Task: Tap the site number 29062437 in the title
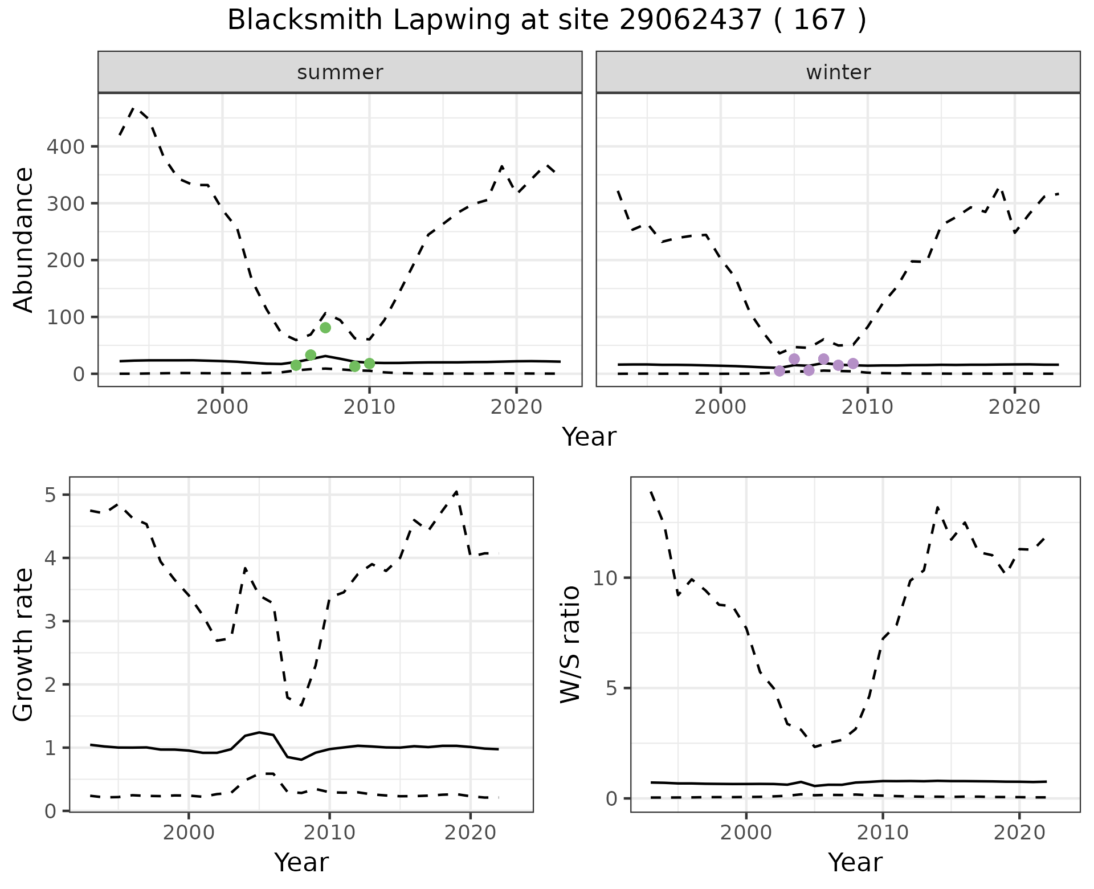point(690,21)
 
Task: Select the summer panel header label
point(340,72)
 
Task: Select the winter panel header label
point(838,72)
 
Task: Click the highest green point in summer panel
point(325,327)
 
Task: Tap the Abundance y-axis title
point(23,239)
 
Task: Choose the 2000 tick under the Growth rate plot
point(189,832)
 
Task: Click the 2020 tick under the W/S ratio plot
point(1019,832)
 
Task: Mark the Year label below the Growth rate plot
point(301,862)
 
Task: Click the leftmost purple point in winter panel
point(779,371)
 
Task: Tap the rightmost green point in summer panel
point(369,364)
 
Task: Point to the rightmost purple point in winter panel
point(853,364)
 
